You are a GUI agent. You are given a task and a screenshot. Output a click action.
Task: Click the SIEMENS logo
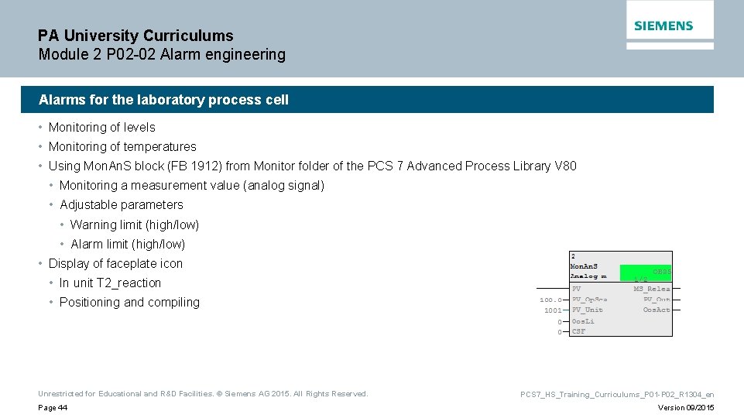(663, 26)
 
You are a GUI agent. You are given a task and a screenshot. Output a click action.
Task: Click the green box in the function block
(646, 272)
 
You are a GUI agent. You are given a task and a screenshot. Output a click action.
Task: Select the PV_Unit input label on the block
(588, 310)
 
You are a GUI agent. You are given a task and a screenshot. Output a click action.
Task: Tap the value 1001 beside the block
(553, 310)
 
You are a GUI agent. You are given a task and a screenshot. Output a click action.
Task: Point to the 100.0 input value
(551, 300)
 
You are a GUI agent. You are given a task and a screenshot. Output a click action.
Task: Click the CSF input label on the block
(578, 332)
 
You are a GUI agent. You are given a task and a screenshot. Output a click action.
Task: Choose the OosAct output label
(657, 310)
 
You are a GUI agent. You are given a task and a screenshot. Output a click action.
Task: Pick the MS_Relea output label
(652, 290)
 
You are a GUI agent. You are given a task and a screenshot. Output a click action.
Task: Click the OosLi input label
(583, 321)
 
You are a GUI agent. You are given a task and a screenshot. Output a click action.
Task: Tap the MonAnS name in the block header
(584, 266)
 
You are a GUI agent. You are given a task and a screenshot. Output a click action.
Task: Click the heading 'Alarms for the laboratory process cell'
(163, 100)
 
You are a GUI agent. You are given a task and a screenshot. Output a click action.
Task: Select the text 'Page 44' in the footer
(53, 408)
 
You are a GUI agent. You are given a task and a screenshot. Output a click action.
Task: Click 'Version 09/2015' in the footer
(686, 408)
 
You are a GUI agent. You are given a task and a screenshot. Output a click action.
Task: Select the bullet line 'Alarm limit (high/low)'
(128, 244)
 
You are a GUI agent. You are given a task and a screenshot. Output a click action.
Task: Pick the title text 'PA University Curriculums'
(135, 36)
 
